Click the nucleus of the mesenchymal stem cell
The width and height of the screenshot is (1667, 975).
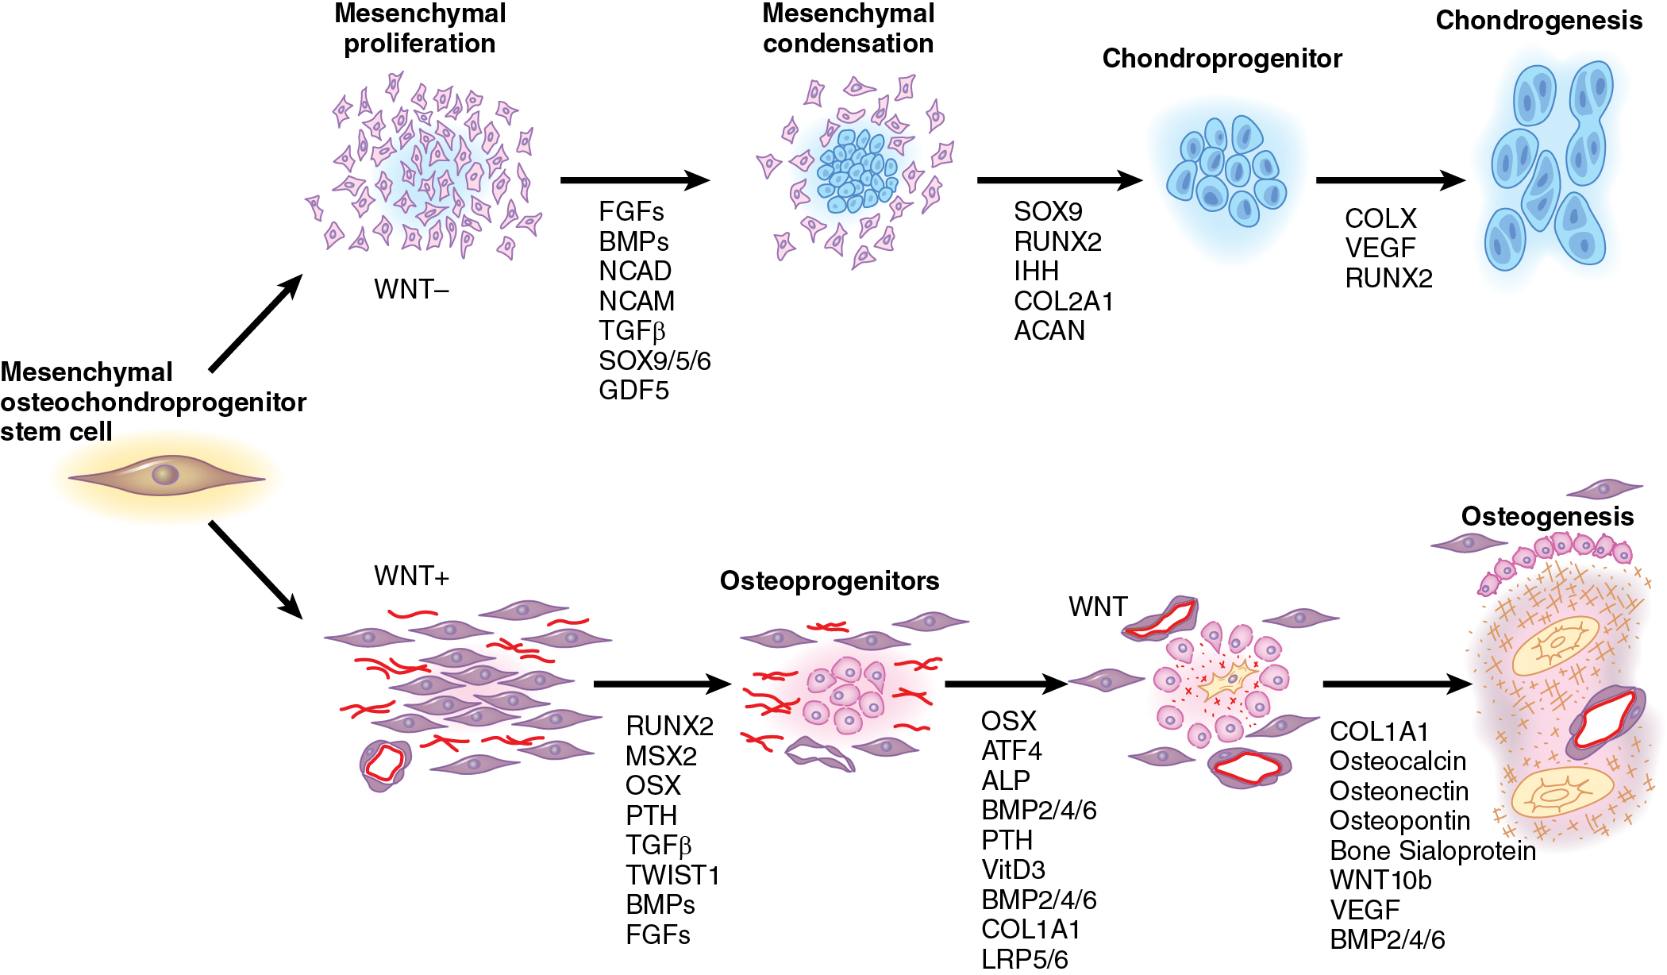pos(165,475)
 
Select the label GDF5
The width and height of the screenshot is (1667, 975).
pos(633,391)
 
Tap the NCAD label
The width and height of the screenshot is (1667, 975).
pos(635,272)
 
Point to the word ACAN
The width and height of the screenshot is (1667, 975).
pos(1049,331)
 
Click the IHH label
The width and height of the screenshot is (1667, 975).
pos(1036,272)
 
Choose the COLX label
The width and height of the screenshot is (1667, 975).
pos(1380,218)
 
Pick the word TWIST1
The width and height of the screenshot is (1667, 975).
pos(672,875)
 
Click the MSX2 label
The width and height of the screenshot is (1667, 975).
pos(660,756)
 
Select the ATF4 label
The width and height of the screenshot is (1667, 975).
pos(1011,751)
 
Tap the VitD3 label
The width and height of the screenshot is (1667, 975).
pos(1013,870)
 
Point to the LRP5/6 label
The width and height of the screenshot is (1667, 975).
pos(1024,959)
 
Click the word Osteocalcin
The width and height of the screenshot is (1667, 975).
pos(1397,761)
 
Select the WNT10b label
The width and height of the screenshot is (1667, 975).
pos(1380,881)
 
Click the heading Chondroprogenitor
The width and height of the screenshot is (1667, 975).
pos(1222,59)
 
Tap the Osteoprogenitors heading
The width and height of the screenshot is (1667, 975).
pos(829,581)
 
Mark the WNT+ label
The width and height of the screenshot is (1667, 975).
pos(411,576)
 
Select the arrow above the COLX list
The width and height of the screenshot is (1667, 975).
pos(1389,180)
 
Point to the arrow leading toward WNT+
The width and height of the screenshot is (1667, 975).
pos(256,569)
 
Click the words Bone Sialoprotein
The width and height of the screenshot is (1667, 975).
pos(1432,851)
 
